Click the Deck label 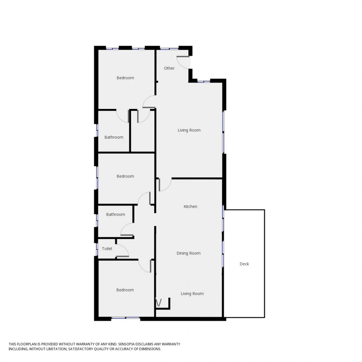click(x=244, y=264)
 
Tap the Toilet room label click(x=107, y=249)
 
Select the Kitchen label click(x=190, y=206)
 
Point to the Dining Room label click(x=188, y=253)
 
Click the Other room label click(x=169, y=68)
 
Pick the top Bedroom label click(x=125, y=78)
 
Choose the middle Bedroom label click(x=125, y=176)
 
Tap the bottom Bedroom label click(x=125, y=290)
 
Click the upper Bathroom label click(x=114, y=137)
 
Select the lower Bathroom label click(x=115, y=214)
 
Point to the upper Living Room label click(x=189, y=130)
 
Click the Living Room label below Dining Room click(x=192, y=294)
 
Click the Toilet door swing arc click(x=123, y=251)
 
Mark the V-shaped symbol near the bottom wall click(x=158, y=302)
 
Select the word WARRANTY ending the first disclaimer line click(x=171, y=344)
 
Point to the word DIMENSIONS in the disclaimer click(x=150, y=349)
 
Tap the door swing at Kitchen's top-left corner click(x=165, y=185)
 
